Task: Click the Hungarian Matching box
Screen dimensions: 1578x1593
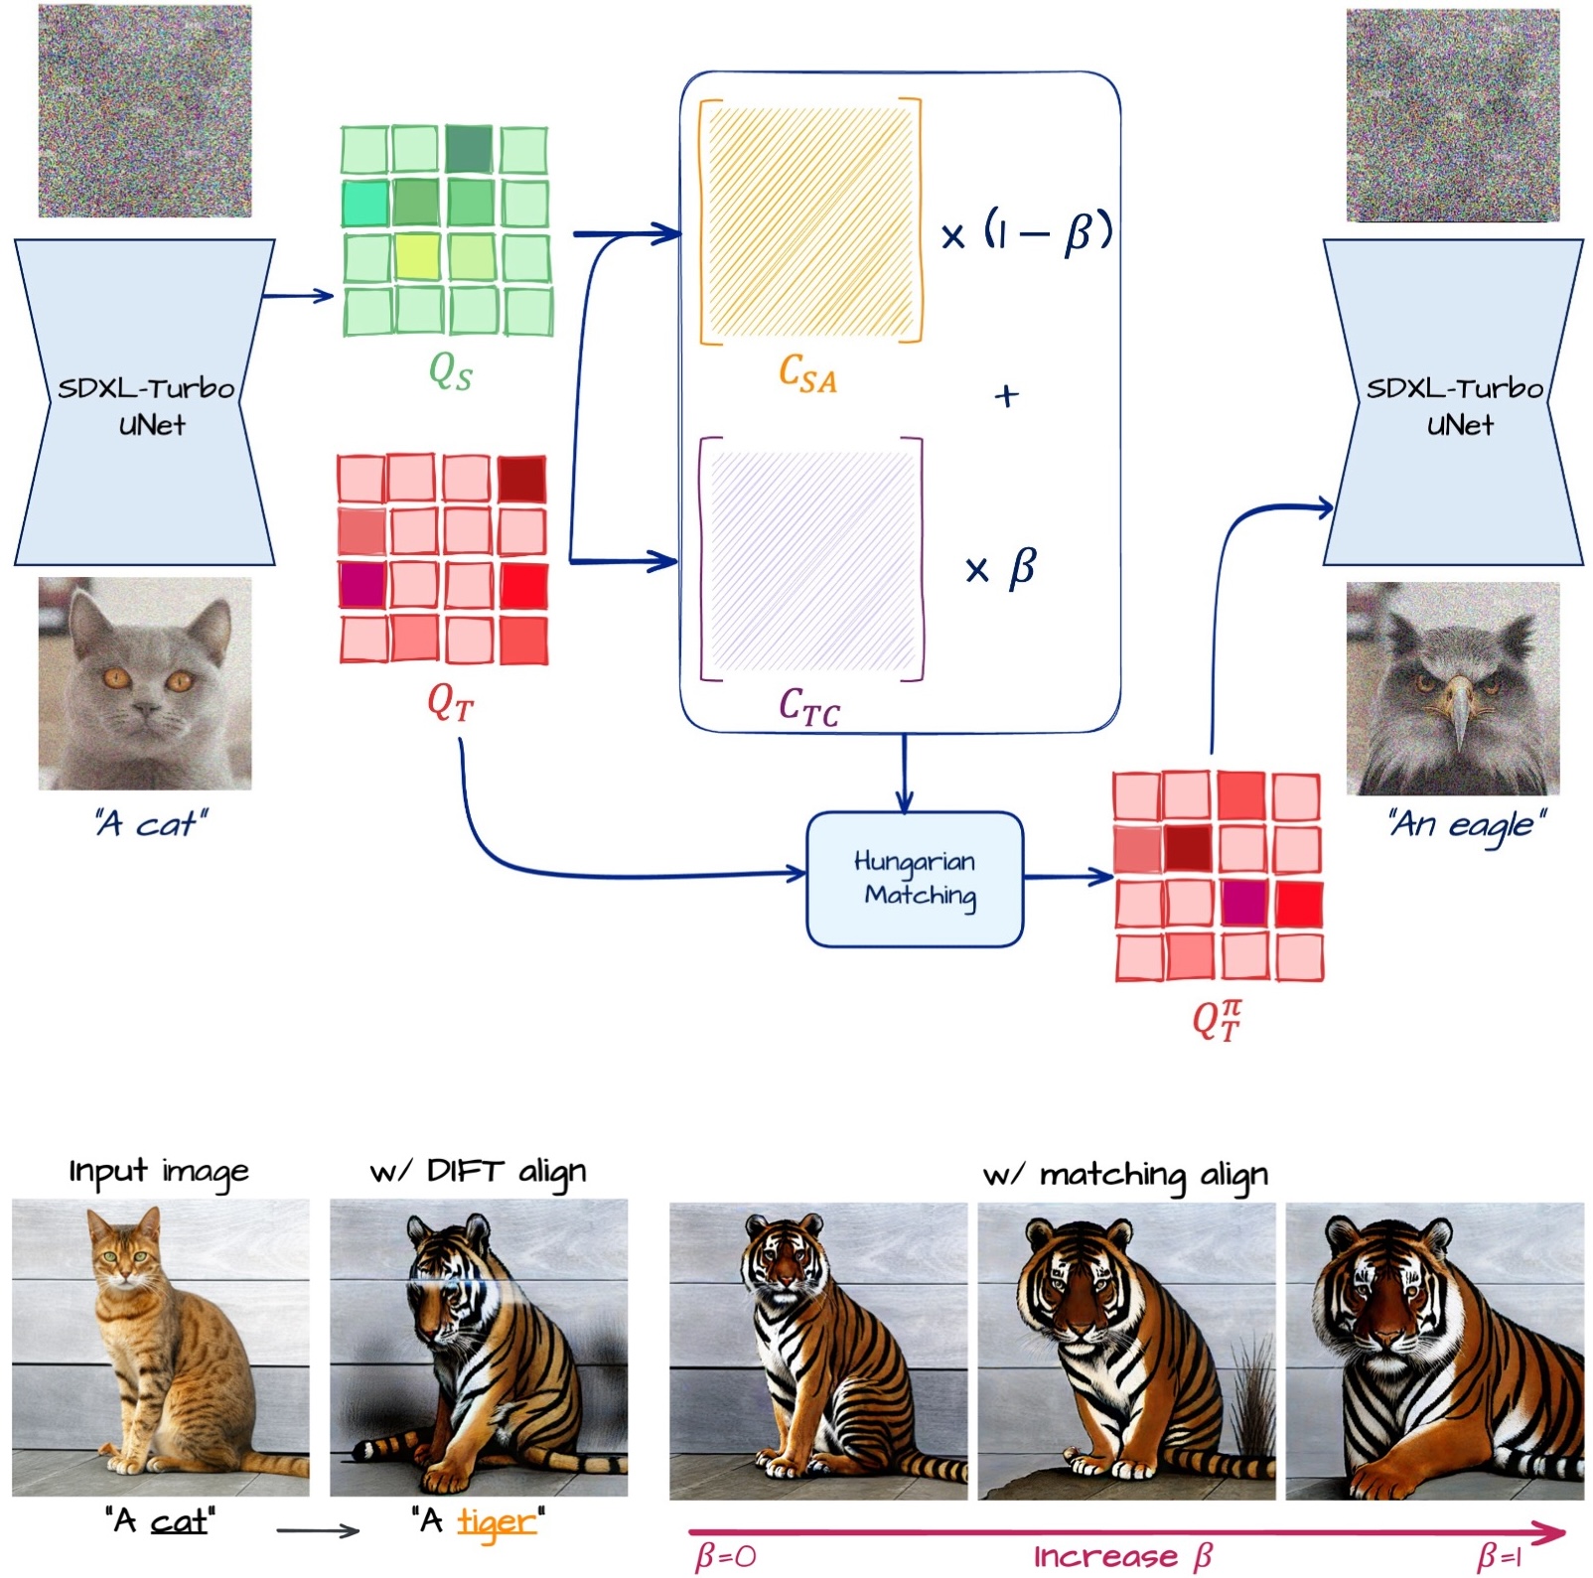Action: (915, 878)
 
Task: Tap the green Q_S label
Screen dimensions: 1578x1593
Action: (450, 372)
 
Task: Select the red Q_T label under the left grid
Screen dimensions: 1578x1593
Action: (450, 703)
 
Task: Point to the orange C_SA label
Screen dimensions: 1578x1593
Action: (807, 374)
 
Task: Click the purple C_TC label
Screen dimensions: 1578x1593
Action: (808, 707)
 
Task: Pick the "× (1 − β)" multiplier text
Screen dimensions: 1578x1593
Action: (1027, 234)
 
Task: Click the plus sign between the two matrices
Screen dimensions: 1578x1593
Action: (1006, 396)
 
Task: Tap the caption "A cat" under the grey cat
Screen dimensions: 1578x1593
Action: (151, 823)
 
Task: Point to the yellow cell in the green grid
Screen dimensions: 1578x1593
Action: (417, 256)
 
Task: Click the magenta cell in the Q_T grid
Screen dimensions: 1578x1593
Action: (362, 584)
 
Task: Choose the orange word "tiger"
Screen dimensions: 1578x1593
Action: (496, 1521)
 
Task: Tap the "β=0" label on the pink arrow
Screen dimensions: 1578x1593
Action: (726, 1555)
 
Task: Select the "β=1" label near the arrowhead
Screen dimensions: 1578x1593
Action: (1500, 1555)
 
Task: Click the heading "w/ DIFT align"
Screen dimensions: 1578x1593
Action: (478, 1172)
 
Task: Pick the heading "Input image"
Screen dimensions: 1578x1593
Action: (159, 1172)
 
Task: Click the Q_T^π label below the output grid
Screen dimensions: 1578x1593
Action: (1217, 1020)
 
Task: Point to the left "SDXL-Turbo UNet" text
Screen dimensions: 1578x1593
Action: (145, 405)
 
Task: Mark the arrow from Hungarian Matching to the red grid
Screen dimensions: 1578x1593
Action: (1068, 877)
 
